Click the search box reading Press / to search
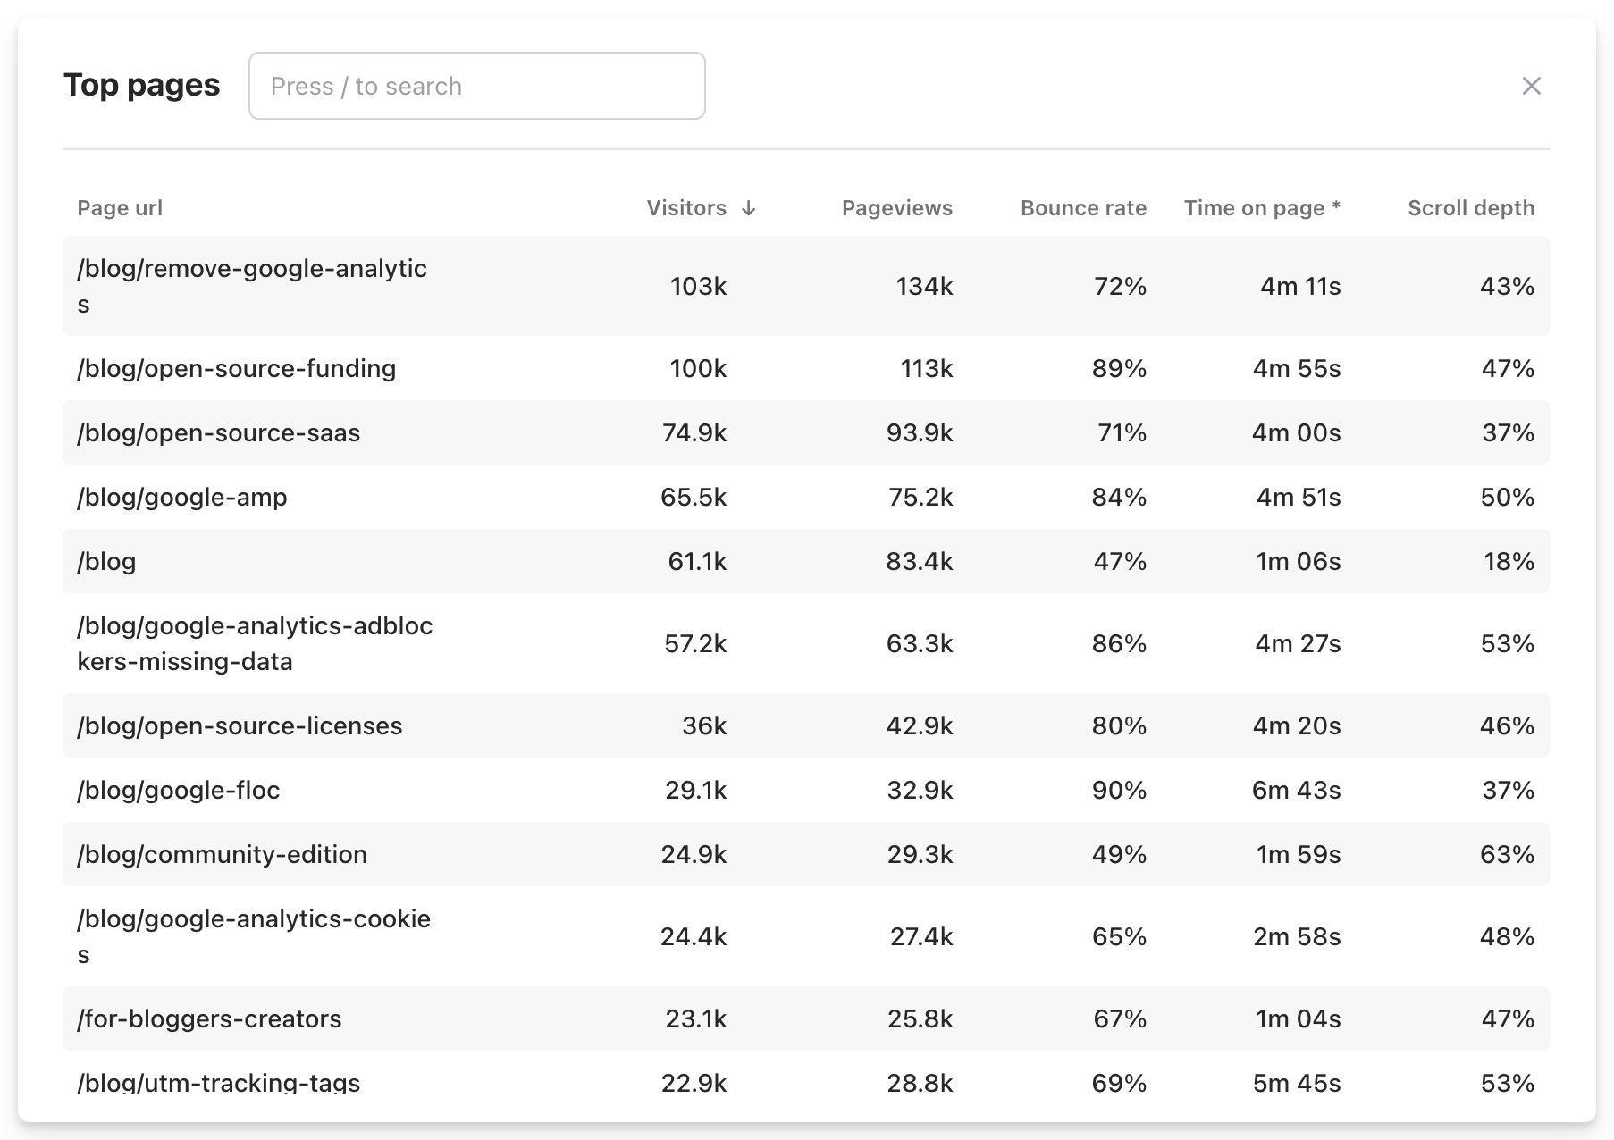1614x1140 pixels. point(476,86)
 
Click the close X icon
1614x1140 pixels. point(1531,86)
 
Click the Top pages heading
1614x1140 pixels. point(141,85)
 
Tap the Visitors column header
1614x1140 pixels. point(686,208)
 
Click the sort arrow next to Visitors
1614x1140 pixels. point(749,208)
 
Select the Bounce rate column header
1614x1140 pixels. point(1083,208)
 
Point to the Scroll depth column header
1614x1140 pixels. point(1470,208)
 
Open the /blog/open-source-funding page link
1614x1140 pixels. point(237,368)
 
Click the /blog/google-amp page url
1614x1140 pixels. point(182,497)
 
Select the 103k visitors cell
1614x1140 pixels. point(698,286)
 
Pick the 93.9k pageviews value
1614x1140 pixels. point(919,432)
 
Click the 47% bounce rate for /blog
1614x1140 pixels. point(1119,561)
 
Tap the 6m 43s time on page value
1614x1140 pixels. point(1296,790)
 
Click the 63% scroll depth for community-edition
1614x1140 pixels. point(1507,854)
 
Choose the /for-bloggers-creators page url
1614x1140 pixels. point(209,1018)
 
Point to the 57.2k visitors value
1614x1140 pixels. point(694,643)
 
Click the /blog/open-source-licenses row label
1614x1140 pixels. point(240,725)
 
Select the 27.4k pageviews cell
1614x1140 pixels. point(920,936)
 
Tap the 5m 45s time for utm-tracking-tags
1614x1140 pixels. point(1296,1083)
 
